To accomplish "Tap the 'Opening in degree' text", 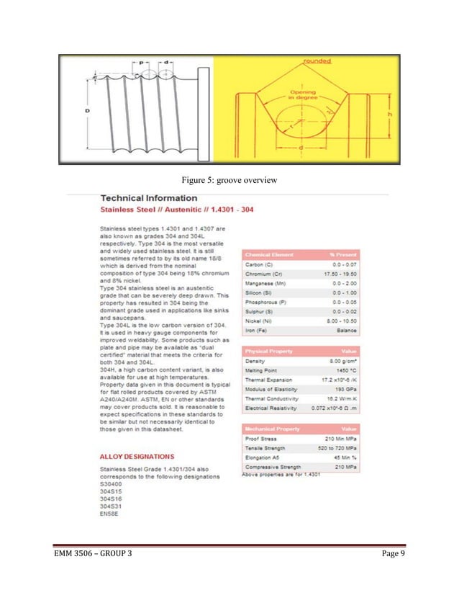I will [301, 94].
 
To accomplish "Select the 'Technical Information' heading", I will [148, 197].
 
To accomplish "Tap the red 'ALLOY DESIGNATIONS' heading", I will [137, 456].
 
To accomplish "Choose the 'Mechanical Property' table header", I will [273, 429].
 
